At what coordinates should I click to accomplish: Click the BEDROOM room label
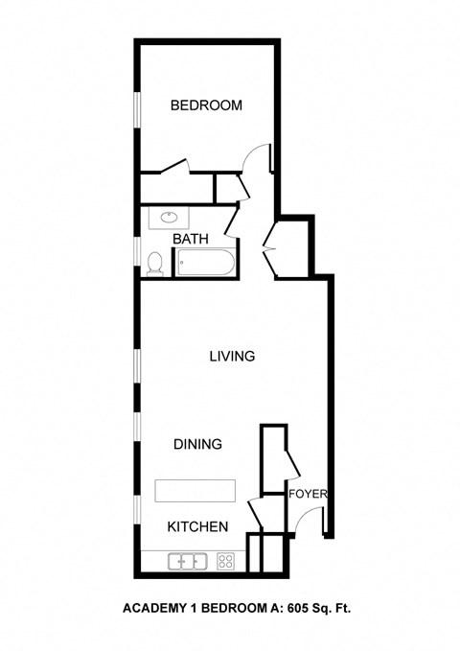click(206, 105)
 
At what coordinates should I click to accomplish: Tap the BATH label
click(191, 239)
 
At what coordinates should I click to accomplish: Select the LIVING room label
click(232, 357)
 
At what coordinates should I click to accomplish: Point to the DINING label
click(198, 445)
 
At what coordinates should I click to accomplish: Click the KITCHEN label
click(197, 527)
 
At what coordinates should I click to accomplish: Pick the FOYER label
click(309, 495)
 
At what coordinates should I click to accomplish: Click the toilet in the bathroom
click(155, 261)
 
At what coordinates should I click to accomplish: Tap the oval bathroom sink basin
click(169, 218)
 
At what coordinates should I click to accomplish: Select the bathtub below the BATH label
click(204, 262)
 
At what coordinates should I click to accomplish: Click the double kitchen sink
click(189, 562)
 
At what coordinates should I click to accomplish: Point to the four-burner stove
click(228, 562)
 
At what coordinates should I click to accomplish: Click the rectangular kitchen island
click(195, 491)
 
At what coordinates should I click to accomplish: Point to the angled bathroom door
click(233, 220)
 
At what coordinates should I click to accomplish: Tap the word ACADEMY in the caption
click(154, 608)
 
